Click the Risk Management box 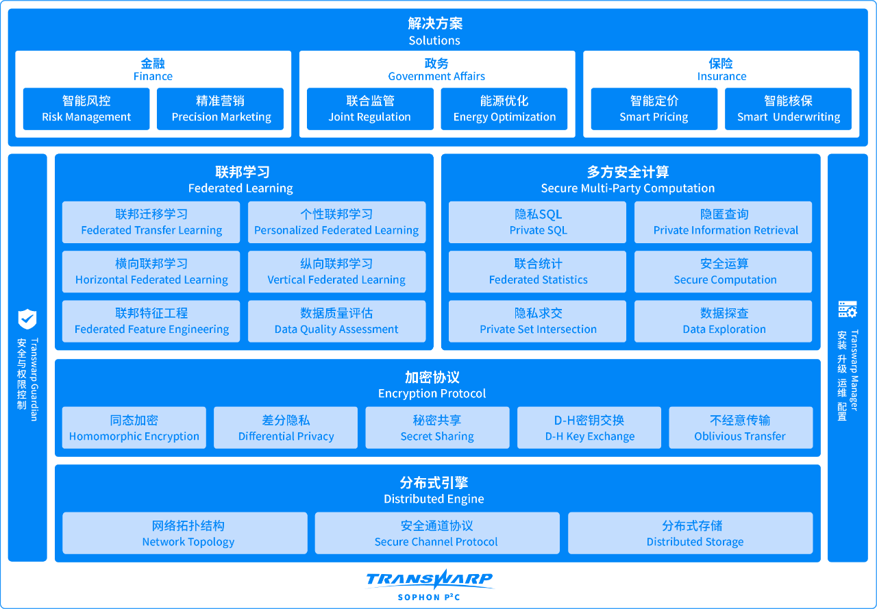pyautogui.click(x=86, y=109)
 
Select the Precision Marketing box pyautogui.click(x=220, y=109)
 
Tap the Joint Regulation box pyautogui.click(x=370, y=109)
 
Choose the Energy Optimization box pyautogui.click(x=504, y=109)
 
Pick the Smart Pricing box pyautogui.click(x=654, y=109)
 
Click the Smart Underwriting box pyautogui.click(x=788, y=109)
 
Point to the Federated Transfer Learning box pyautogui.click(x=151, y=223)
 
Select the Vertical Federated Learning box pyautogui.click(x=336, y=272)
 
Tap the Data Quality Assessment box pyautogui.click(x=336, y=321)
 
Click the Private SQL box pyautogui.click(x=537, y=223)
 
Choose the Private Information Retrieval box pyautogui.click(x=723, y=223)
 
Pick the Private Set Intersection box pyautogui.click(x=537, y=321)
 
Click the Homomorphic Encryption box pyautogui.click(x=134, y=427)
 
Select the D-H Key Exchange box pyautogui.click(x=589, y=427)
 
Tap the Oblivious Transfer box pyautogui.click(x=741, y=427)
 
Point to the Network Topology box pyautogui.click(x=185, y=533)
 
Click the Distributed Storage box pyautogui.click(x=690, y=533)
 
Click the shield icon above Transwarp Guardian pyautogui.click(x=27, y=319)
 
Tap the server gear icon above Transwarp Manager pyautogui.click(x=848, y=309)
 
